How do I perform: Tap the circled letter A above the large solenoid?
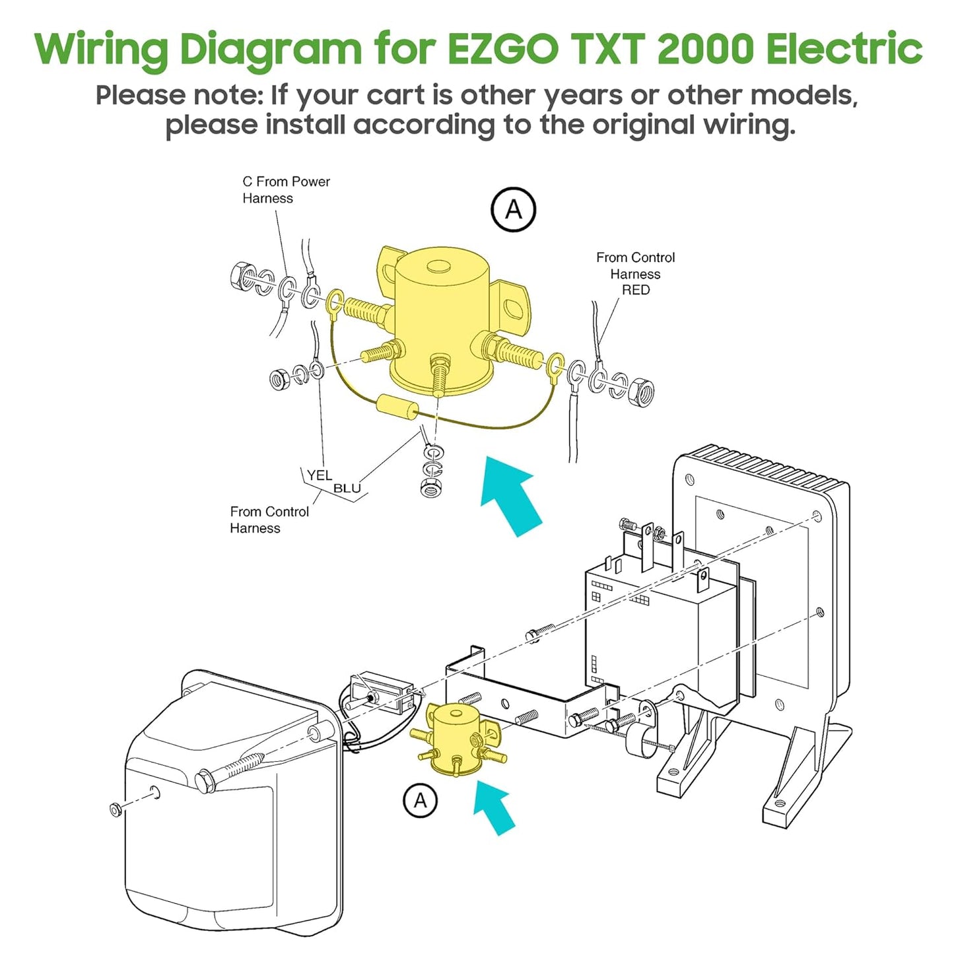pyautogui.click(x=513, y=210)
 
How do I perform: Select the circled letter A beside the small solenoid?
pyautogui.click(x=420, y=800)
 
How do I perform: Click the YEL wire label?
pyautogui.click(x=319, y=475)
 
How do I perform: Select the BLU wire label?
pyautogui.click(x=347, y=489)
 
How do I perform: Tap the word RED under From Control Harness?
pyautogui.click(x=635, y=290)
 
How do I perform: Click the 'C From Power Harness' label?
pyautogui.click(x=285, y=189)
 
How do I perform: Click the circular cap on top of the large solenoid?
pyautogui.click(x=437, y=266)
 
